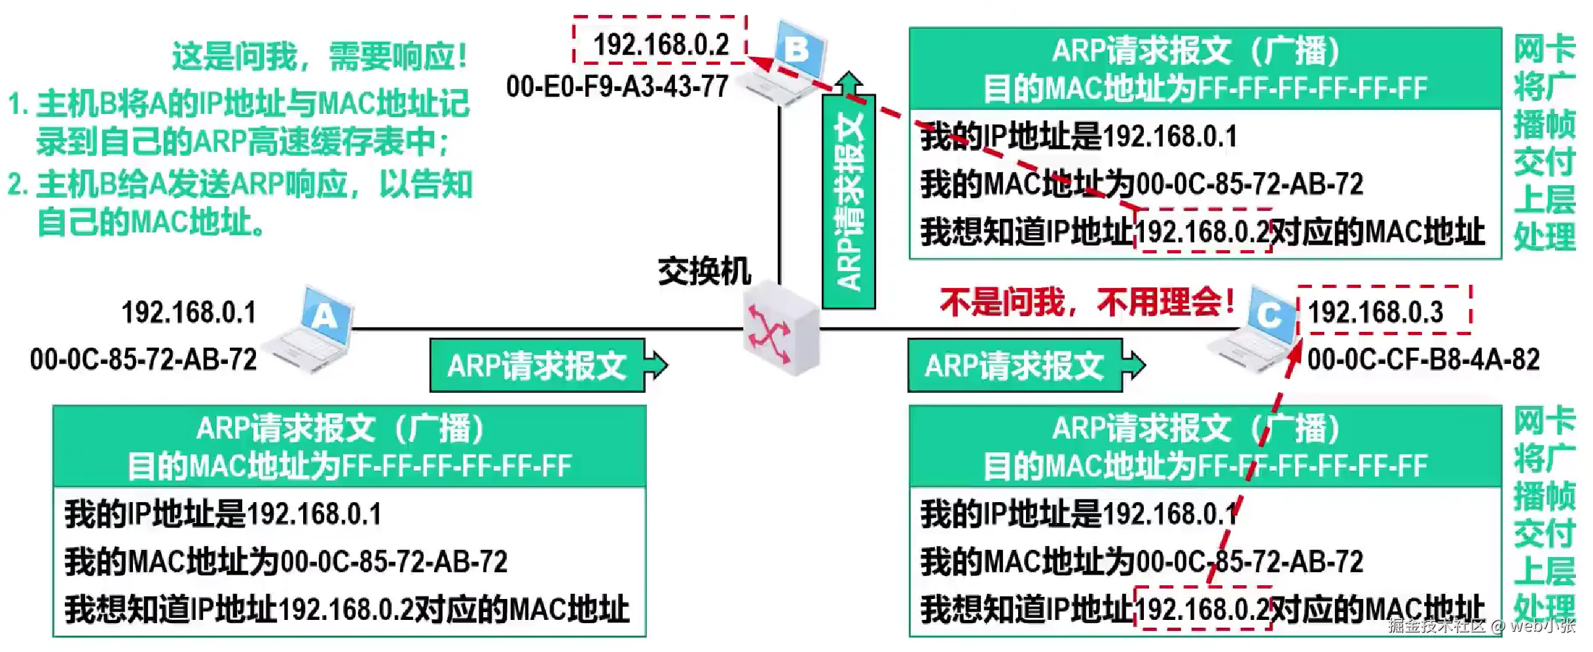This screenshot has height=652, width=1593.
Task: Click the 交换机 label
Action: (705, 271)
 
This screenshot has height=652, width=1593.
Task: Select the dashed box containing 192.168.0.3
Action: (1384, 310)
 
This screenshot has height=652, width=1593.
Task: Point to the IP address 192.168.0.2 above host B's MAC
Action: (660, 43)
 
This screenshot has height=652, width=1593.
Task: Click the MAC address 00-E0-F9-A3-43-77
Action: (617, 86)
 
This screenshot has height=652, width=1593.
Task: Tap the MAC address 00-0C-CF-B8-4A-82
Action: (1423, 359)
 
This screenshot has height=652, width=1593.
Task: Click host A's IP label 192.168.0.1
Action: (189, 312)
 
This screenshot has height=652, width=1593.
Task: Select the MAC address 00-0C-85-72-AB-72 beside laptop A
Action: (143, 359)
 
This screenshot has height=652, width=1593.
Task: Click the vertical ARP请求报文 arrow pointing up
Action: (849, 196)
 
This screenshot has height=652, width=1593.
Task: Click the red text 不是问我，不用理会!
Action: (1087, 302)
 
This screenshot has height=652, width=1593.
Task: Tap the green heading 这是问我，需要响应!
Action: (320, 56)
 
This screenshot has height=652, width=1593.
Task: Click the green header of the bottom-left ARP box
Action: (349, 446)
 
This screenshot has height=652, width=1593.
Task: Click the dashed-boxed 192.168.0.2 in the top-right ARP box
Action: (1202, 230)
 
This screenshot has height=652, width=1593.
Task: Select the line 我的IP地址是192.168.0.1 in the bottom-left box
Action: (223, 514)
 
